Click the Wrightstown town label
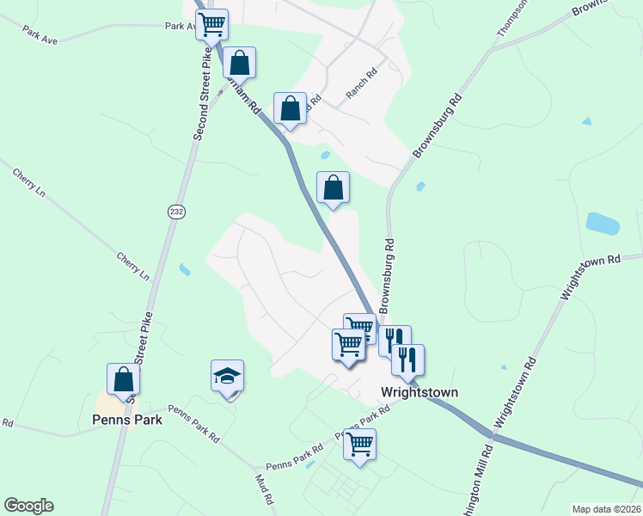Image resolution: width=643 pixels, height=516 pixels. [x=419, y=392]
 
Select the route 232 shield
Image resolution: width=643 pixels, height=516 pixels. [x=175, y=212]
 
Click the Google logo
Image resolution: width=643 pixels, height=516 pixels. [x=28, y=506]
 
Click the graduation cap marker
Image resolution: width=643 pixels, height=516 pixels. [x=228, y=378]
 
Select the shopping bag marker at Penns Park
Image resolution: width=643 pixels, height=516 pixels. [x=123, y=380]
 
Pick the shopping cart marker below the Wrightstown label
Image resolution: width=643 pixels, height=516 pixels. [x=359, y=445]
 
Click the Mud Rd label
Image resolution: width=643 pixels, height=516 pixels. [x=264, y=488]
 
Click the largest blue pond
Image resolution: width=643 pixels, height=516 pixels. [x=603, y=224]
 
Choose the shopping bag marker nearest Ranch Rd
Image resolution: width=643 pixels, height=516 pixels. [x=291, y=109]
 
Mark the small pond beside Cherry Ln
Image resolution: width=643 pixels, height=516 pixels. [x=185, y=270]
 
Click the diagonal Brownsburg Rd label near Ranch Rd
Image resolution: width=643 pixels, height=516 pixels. [x=438, y=126]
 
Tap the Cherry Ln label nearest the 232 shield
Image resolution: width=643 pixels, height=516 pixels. [x=133, y=266]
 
